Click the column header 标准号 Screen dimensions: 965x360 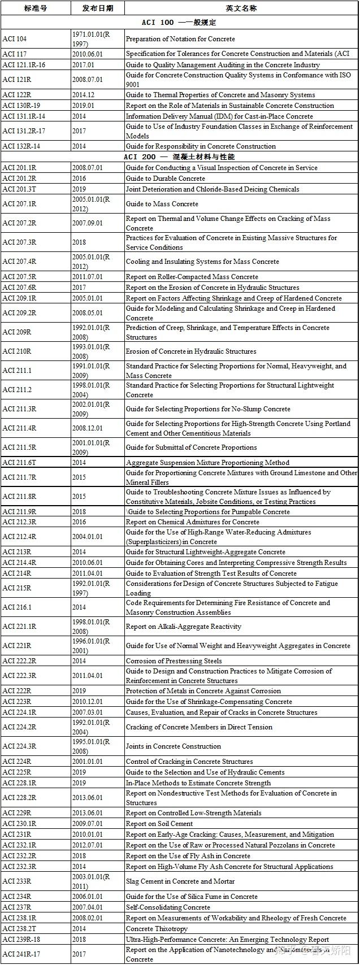(x=35, y=8)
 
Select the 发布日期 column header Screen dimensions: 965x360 (x=97, y=8)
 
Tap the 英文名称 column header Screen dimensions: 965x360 (x=241, y=8)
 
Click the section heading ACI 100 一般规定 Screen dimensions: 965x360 (x=179, y=23)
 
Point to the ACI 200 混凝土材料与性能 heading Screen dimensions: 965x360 (x=179, y=157)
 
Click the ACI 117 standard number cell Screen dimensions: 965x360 (x=15, y=54)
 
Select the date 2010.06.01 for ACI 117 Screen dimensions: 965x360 (x=88, y=54)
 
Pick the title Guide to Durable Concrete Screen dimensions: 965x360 (x=166, y=179)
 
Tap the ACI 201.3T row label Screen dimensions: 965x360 (x=19, y=189)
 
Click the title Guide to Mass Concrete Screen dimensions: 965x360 (x=162, y=204)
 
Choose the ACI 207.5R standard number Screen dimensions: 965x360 (x=19, y=277)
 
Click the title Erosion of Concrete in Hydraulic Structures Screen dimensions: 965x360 (x=191, y=351)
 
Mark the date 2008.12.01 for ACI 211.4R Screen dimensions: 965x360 (x=88, y=428)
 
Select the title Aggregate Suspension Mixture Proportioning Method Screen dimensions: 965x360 (x=207, y=462)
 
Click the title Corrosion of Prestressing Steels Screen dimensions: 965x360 (x=174, y=660)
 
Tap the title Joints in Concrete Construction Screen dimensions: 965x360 (x=174, y=746)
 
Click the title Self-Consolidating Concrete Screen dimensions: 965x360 (x=168, y=907)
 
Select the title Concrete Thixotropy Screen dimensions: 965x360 (x=157, y=929)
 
